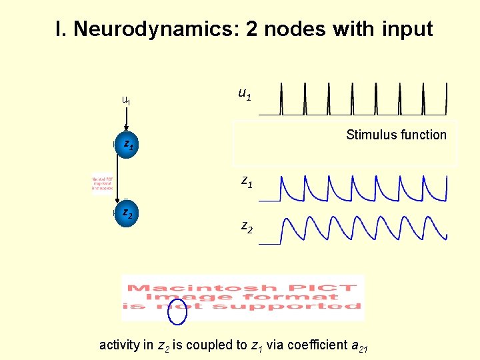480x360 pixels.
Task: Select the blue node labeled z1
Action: (127, 143)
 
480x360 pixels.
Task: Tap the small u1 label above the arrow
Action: (126, 101)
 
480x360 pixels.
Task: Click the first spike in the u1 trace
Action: (281, 99)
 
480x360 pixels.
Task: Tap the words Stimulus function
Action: (396, 135)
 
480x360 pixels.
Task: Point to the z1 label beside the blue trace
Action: (246, 181)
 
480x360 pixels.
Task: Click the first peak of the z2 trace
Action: (285, 221)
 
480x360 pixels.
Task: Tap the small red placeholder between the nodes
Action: (103, 183)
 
